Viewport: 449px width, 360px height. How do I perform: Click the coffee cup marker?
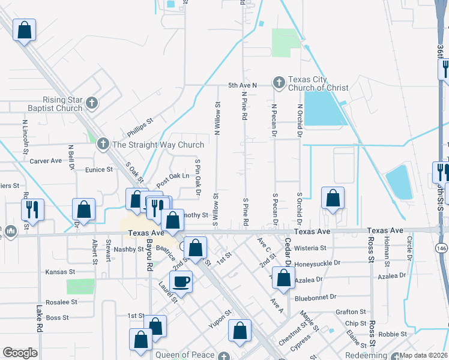click(181, 281)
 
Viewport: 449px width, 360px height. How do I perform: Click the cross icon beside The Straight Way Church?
click(103, 144)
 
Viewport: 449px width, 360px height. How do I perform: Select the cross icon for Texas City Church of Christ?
click(279, 81)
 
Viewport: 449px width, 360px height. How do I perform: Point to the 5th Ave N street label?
click(242, 85)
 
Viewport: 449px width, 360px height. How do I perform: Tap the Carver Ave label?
click(46, 161)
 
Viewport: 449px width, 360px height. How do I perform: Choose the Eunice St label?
click(98, 170)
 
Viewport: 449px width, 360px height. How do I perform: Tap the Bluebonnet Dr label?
click(318, 298)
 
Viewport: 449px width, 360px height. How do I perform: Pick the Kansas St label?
click(60, 272)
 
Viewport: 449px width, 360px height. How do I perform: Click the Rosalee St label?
click(62, 302)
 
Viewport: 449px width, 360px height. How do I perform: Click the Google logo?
click(20, 352)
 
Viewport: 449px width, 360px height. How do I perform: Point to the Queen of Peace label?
click(185, 355)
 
